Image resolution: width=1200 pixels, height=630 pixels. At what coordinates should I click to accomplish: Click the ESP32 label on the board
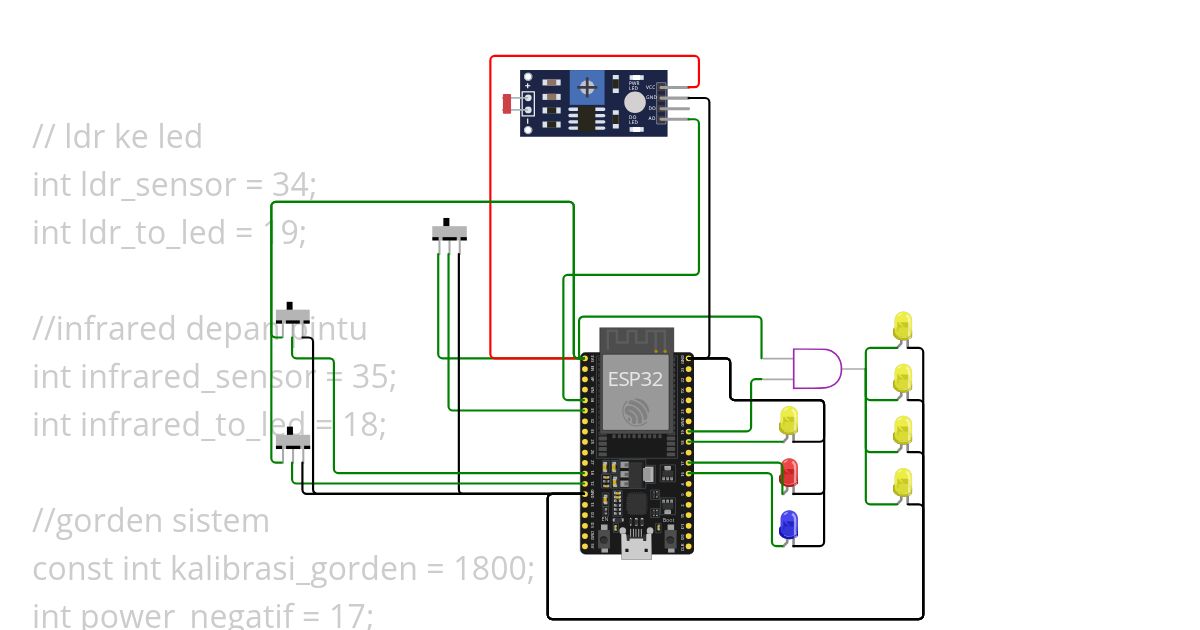[x=635, y=380]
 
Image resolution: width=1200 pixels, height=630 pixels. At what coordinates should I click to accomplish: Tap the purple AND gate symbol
[x=816, y=369]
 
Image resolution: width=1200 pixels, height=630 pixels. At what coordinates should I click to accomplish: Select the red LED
[x=789, y=473]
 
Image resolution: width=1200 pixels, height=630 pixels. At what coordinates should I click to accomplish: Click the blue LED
[x=788, y=524]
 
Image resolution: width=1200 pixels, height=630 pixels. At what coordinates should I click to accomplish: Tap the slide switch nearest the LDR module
[x=450, y=231]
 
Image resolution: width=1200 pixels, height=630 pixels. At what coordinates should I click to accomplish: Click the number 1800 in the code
[x=490, y=569]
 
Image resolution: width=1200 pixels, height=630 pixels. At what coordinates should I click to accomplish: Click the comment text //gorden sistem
[x=151, y=521]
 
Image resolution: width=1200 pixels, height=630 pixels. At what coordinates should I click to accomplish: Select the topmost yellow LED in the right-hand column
[x=902, y=326]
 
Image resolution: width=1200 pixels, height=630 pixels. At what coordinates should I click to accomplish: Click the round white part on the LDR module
[x=635, y=102]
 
